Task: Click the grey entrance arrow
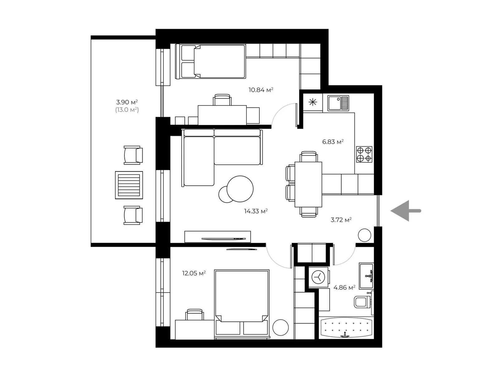(405, 210)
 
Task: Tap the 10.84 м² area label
(260, 90)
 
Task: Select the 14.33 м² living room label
(256, 211)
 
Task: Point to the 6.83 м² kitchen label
(332, 142)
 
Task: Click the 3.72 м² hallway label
(341, 220)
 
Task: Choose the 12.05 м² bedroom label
(194, 273)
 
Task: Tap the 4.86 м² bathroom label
(344, 287)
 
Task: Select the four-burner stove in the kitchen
(364, 154)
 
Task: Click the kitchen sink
(338, 103)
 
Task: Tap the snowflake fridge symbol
(312, 102)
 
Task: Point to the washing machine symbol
(318, 277)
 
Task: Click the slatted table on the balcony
(129, 185)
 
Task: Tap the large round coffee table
(240, 189)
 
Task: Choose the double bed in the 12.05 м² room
(242, 304)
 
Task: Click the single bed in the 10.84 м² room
(210, 61)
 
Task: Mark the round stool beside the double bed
(280, 327)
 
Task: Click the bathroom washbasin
(366, 276)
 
